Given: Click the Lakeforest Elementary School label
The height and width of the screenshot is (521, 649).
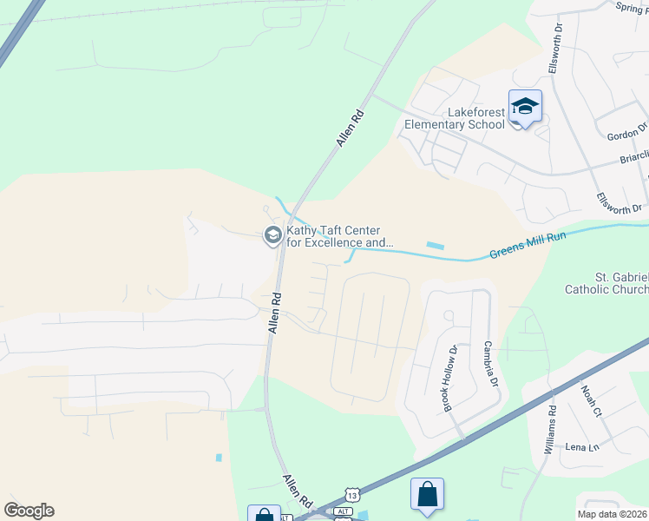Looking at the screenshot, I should click(x=455, y=118).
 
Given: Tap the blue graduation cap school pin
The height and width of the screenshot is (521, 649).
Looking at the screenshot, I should click(x=525, y=108).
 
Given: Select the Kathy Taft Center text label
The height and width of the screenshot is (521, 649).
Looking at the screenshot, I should click(x=339, y=237).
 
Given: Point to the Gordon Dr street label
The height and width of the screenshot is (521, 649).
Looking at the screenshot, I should click(x=629, y=132).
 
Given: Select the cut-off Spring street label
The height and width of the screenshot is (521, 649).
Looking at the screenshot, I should click(x=632, y=7).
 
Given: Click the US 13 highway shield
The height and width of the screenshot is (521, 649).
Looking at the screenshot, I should click(x=351, y=494).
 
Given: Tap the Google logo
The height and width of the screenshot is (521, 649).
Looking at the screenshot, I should click(x=29, y=511).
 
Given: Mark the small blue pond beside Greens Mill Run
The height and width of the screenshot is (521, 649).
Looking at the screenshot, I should click(x=436, y=247).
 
